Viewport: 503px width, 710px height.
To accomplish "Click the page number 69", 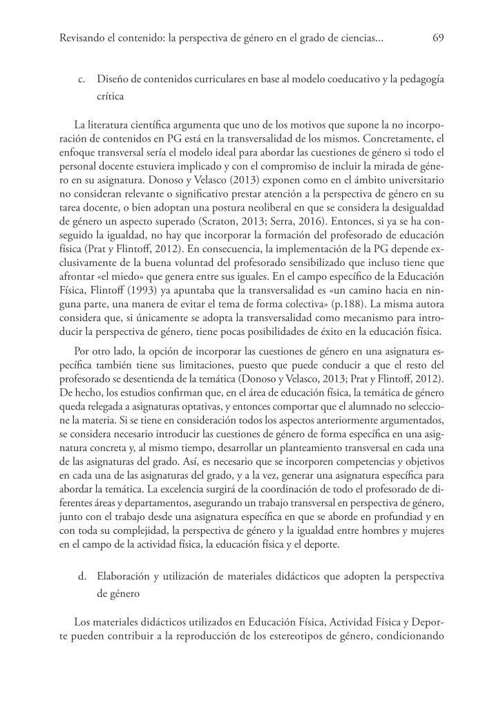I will (437, 39).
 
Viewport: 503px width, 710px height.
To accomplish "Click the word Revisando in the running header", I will (82, 39).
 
